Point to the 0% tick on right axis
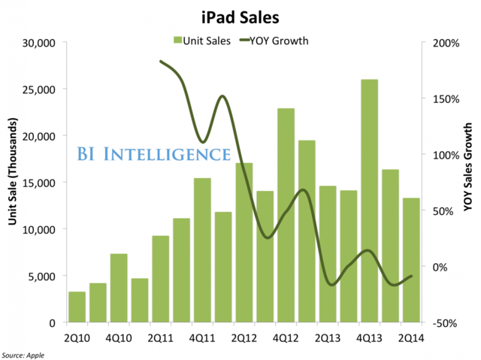point(443,267)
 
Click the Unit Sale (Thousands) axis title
point(11,183)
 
